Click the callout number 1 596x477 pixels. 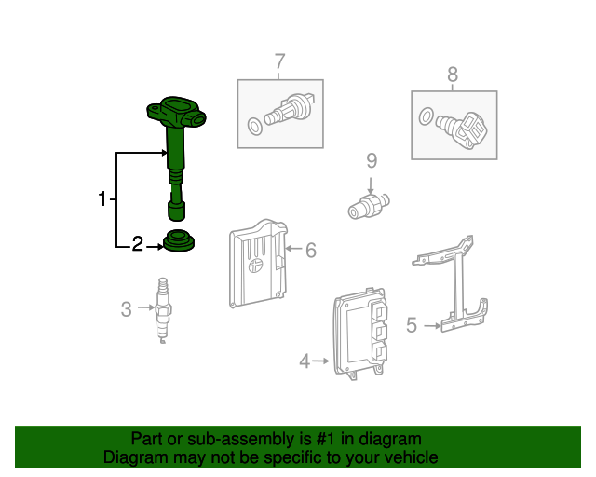(102, 199)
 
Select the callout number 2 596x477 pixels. (137, 244)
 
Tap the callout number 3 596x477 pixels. (127, 309)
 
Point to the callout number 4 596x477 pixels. (305, 361)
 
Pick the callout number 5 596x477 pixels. (412, 325)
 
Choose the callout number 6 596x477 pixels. (311, 251)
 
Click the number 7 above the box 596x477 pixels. (279, 61)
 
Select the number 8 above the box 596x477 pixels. (453, 75)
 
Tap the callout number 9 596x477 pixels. (372, 161)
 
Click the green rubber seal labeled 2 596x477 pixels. (179, 240)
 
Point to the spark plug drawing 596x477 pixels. (163, 310)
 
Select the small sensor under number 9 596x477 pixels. (369, 205)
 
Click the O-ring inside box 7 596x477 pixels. (254, 127)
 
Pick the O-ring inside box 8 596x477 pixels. (427, 116)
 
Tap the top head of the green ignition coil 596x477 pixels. (176, 112)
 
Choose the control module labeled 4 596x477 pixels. (360, 334)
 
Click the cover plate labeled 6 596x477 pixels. (259, 264)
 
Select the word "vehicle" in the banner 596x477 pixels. (413, 457)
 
